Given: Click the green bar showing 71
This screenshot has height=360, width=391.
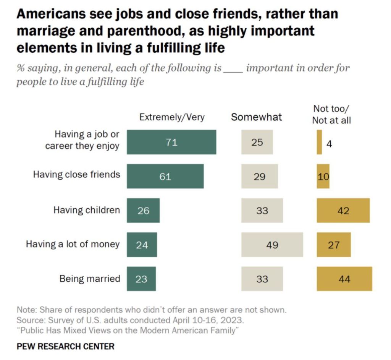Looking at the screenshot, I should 171,142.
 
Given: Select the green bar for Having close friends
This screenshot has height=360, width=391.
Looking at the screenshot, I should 165,177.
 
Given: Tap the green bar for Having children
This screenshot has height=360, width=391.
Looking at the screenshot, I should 143,210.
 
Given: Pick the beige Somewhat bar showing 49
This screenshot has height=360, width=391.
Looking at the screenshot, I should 272,245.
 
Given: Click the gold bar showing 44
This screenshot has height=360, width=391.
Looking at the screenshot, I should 344,279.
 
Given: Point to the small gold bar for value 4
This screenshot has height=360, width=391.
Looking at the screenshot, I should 319,142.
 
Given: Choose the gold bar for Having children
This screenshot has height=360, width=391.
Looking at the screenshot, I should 343,210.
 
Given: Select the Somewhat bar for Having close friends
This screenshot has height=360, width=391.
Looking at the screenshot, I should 259,177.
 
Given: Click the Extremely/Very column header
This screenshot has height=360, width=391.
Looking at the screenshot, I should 172,117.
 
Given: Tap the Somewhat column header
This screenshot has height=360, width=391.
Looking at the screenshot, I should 256,117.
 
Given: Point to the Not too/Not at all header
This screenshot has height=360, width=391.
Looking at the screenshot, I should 331,114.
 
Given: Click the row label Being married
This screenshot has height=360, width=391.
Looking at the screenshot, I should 89,278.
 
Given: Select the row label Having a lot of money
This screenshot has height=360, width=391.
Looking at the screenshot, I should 73,244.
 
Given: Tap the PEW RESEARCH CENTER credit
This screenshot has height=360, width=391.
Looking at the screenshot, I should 65,347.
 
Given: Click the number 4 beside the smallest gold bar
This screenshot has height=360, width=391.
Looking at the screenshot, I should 329,144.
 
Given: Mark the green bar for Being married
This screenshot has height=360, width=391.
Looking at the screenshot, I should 141,279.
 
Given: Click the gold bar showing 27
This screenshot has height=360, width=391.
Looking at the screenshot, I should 333,245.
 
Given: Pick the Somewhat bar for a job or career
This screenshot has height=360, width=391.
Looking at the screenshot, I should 257,142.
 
